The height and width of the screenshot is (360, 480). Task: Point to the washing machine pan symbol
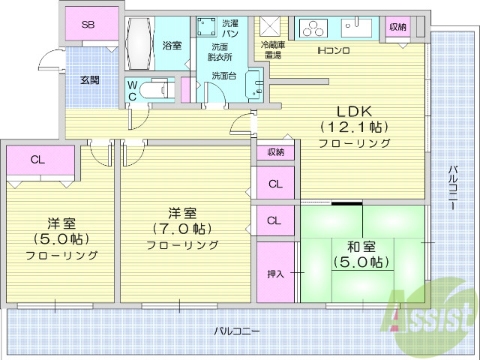205,25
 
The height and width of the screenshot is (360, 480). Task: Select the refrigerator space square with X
270,26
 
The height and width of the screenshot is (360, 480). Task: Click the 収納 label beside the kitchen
397,26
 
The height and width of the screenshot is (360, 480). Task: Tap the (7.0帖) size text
182,227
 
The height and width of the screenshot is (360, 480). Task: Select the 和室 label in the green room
362,245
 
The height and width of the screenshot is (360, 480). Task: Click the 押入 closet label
275,273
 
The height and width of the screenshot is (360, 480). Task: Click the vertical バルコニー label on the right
454,191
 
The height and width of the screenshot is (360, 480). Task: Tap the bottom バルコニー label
236,331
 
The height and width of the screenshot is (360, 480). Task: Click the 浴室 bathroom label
172,46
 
